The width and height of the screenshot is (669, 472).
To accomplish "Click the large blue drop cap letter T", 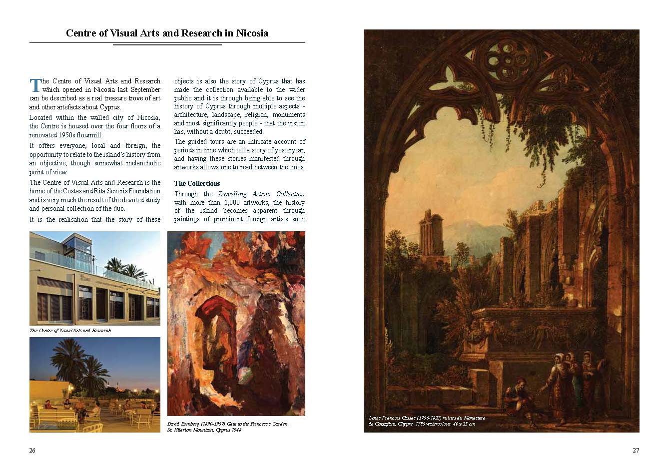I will (34, 85).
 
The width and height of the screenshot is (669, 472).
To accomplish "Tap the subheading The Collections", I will (197, 183).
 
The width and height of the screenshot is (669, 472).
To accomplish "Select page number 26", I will (32, 451).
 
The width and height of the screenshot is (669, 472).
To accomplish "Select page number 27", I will (636, 451).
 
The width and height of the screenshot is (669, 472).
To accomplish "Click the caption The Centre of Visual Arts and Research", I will (70, 331).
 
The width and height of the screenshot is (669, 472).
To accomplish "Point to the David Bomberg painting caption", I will (228, 427).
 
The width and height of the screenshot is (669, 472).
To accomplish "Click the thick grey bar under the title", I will (167, 44).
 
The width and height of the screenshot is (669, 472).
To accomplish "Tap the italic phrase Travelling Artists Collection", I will (261, 194).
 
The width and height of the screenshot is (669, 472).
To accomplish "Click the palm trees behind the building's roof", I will (127, 268).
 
